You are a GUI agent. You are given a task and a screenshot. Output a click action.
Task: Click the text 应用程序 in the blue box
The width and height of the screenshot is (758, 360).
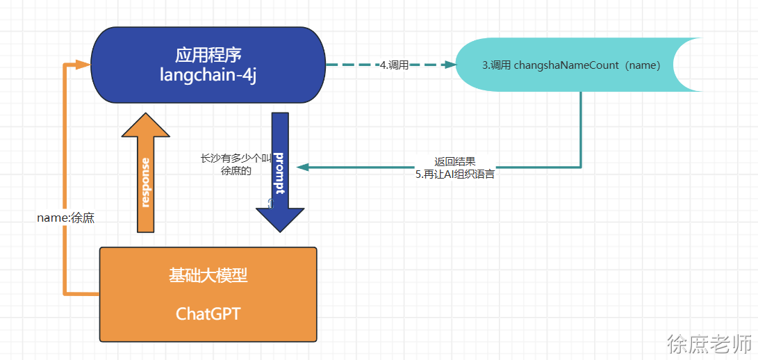click(208, 54)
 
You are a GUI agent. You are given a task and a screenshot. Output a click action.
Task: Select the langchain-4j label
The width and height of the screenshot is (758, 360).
click(208, 75)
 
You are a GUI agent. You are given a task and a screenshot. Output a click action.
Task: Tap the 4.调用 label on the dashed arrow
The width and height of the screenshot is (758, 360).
click(394, 65)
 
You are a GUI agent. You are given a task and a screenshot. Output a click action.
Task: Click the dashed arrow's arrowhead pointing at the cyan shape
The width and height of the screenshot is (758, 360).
click(450, 65)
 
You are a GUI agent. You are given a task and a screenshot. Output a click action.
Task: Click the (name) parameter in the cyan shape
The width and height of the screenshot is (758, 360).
click(642, 65)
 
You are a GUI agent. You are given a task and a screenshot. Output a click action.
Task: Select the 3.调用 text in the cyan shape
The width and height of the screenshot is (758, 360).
click(496, 65)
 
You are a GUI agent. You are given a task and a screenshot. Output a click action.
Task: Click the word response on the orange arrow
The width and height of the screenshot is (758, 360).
click(145, 182)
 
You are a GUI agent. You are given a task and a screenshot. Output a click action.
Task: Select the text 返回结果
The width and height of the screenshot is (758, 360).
click(455, 161)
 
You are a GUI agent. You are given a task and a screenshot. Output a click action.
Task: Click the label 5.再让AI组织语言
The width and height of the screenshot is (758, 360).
click(455, 174)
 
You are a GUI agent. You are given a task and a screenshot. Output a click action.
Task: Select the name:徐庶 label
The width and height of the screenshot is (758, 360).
click(65, 218)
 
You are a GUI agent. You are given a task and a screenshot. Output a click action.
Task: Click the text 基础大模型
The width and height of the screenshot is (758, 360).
click(208, 276)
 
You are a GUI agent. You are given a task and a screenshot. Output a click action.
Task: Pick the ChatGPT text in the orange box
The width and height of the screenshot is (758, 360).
click(208, 313)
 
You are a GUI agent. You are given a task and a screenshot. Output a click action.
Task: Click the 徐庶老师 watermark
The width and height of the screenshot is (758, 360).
click(709, 343)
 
